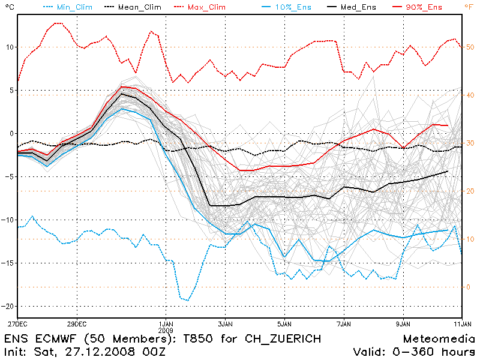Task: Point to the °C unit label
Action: point(8,7)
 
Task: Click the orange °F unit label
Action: point(469,7)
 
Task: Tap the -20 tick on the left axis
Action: point(8,306)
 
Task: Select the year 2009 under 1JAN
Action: point(166,330)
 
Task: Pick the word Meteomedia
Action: point(438,338)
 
